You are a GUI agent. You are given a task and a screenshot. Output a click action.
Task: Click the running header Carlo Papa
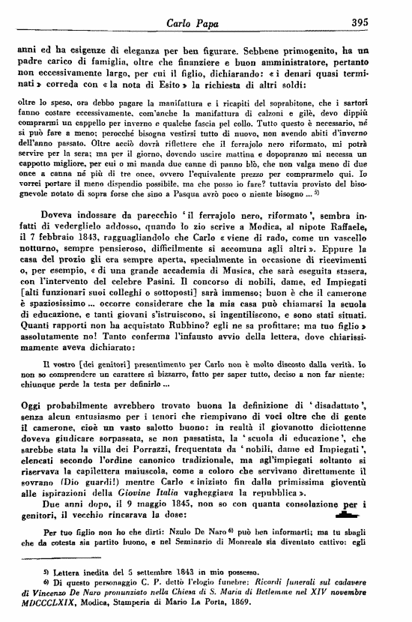[x=207, y=22]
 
